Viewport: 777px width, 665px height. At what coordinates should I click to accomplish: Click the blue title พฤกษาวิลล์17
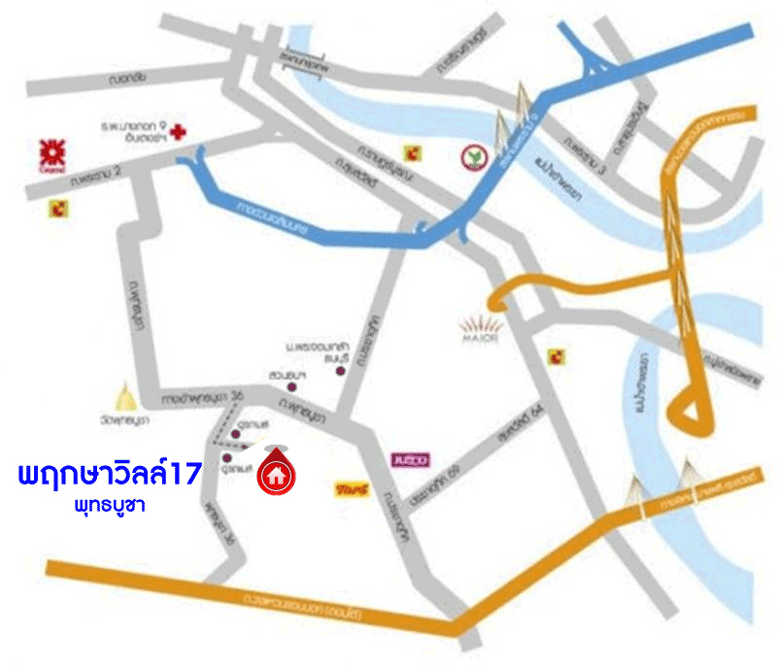pos(110,476)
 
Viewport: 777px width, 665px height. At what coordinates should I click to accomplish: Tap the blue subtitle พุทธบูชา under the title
pos(110,507)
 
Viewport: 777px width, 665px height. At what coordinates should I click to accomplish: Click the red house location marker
pos(278,473)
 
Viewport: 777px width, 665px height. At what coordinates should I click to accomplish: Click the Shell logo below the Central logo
pos(64,206)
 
